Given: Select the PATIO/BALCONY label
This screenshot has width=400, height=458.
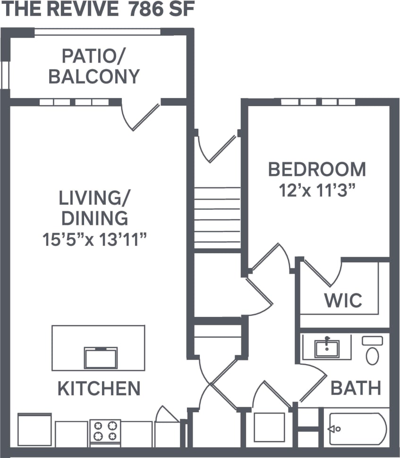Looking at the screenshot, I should [x=94, y=67].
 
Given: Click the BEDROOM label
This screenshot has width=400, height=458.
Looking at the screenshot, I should [x=317, y=169].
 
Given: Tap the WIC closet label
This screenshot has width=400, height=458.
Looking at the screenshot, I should [x=343, y=300].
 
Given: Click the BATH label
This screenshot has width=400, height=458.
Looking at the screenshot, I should [x=355, y=388].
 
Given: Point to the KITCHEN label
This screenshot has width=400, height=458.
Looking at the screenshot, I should [x=99, y=388].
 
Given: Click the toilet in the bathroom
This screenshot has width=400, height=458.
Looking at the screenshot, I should [x=372, y=352].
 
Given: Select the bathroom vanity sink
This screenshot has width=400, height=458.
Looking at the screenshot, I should [x=327, y=348].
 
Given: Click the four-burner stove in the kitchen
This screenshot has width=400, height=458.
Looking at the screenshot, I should [x=105, y=431].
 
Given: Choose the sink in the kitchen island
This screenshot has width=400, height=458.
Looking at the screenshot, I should [x=100, y=358].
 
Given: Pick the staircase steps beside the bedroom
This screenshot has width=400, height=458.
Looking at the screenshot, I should [x=218, y=217].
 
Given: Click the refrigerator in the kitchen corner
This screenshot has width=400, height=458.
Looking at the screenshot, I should [x=34, y=429].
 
